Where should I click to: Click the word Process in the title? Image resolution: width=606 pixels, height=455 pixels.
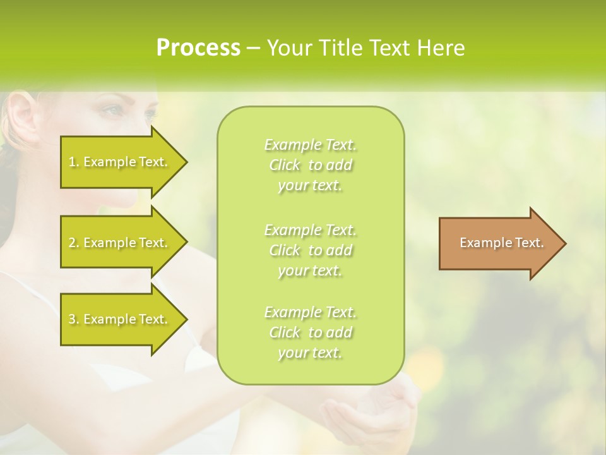pos(198,48)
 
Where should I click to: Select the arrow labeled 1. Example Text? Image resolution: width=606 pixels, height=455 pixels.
pos(120,162)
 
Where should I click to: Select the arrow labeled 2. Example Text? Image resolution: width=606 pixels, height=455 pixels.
pos(120,243)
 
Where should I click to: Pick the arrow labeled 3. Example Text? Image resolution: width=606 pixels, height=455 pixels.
pos(120,319)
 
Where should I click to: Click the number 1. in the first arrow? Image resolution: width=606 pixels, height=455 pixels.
pos(74,162)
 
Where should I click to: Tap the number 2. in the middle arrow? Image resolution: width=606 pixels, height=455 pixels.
pos(74,243)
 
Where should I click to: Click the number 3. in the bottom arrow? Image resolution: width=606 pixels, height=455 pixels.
pos(74,319)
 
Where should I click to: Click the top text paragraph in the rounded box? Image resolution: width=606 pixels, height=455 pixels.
pos(310,165)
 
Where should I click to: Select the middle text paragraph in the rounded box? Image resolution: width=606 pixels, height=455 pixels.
pos(310,250)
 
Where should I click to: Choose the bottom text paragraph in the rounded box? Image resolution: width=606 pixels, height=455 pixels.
pos(310,332)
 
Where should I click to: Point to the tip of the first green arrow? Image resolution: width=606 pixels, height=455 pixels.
pos(186,162)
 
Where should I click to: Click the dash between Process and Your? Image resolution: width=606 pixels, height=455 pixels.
pos(253,48)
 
